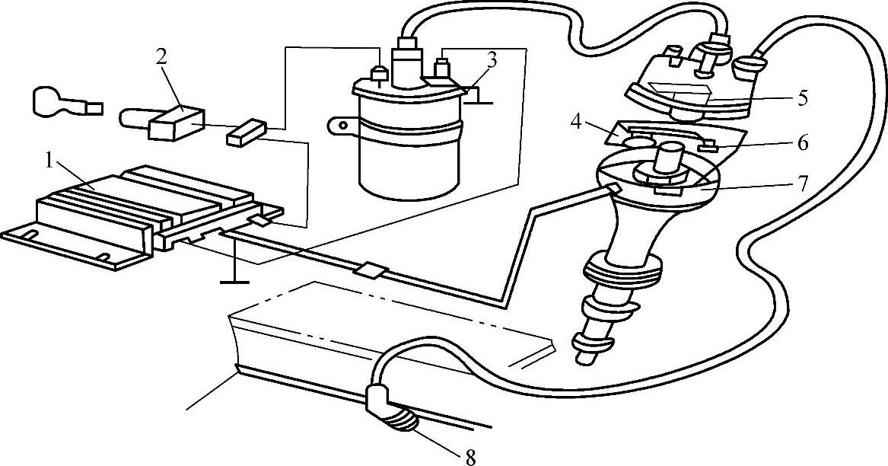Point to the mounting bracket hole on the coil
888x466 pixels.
[x=343, y=124]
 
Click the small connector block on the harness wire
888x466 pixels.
[x=373, y=271]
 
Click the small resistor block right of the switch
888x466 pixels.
[x=245, y=135]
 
